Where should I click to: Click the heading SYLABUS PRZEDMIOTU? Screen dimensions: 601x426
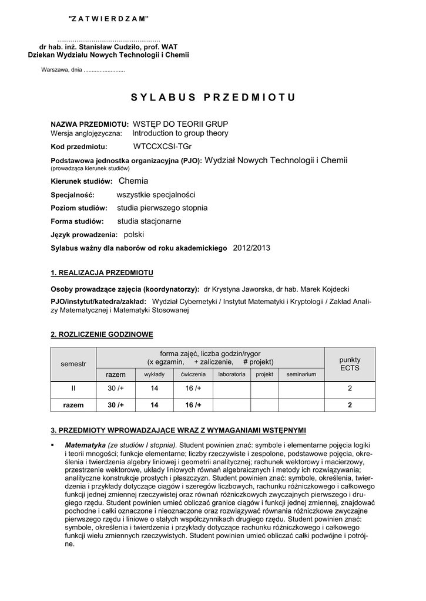point(213,97)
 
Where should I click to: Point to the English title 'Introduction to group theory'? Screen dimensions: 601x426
point(180,133)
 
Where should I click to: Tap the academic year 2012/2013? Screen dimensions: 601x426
point(251,248)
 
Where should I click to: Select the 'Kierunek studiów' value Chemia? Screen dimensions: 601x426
point(133,181)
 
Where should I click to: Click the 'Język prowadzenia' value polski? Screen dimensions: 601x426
point(133,235)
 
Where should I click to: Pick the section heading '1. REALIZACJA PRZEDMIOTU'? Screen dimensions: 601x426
point(102,273)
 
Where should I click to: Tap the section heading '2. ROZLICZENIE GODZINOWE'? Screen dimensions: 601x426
point(102,335)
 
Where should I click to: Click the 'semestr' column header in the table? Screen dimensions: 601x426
point(73,364)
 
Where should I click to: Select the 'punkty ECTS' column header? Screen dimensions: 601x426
point(350,363)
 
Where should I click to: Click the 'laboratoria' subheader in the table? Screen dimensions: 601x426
point(232,374)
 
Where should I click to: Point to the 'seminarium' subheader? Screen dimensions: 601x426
point(301,374)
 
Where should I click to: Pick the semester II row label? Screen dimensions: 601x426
point(73,388)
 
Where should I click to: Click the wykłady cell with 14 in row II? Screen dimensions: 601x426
point(155,388)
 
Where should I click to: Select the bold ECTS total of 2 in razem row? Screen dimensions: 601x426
point(350,405)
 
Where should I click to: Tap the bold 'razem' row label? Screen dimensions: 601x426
point(73,405)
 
